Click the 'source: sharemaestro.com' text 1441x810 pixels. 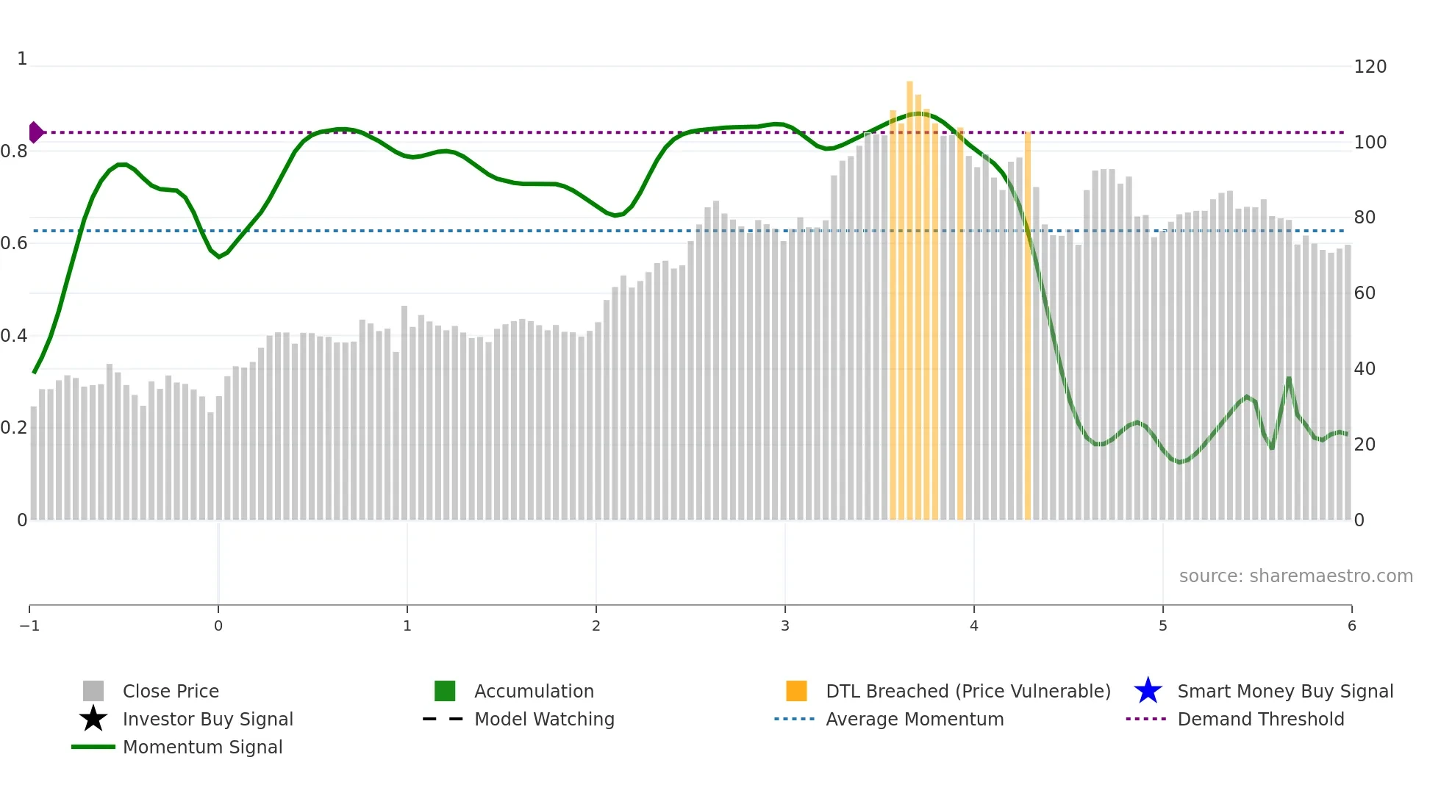click(x=1295, y=576)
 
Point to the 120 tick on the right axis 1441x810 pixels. click(x=1370, y=67)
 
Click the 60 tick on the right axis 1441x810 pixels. click(x=1365, y=293)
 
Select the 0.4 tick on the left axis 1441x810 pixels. click(x=14, y=336)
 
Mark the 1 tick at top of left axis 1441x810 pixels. click(x=22, y=59)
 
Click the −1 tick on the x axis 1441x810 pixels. click(x=29, y=626)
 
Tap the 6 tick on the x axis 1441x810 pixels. click(x=1351, y=626)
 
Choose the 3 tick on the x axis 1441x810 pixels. click(x=785, y=626)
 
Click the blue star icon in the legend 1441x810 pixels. click(x=1148, y=692)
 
